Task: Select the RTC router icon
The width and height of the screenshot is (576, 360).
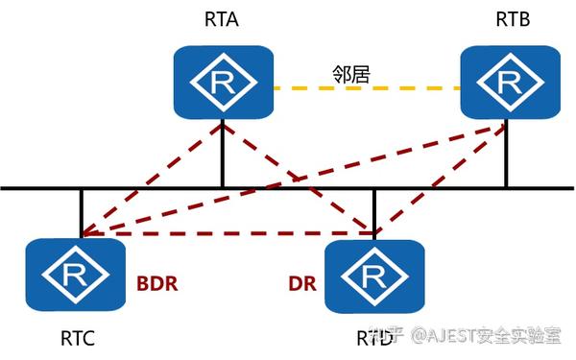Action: [75, 276]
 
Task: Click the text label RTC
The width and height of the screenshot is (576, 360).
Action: [76, 337]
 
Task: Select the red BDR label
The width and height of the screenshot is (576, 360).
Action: [157, 285]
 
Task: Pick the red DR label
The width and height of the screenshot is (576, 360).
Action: [302, 285]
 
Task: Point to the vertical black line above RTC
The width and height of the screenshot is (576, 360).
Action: [82, 206]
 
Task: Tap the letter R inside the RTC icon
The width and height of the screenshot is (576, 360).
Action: [75, 276]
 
